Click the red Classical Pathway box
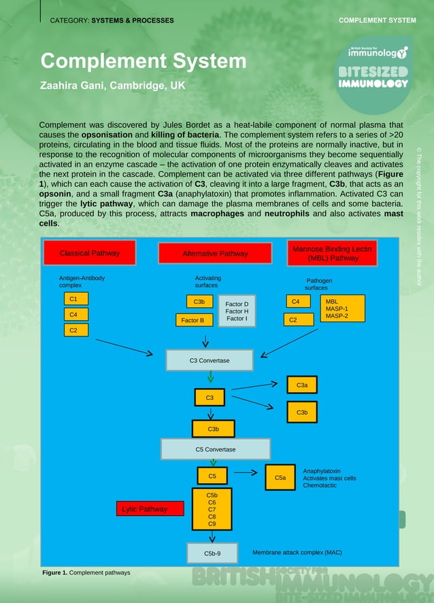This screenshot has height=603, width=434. [90, 253]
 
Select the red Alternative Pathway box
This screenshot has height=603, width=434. [215, 254]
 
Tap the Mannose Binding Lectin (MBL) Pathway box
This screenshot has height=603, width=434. [333, 254]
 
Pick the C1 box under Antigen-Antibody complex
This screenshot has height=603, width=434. [73, 299]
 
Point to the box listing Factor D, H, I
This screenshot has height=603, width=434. [237, 311]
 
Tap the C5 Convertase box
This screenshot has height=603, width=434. [215, 449]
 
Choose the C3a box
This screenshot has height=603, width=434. [302, 385]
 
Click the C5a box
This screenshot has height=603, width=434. [280, 479]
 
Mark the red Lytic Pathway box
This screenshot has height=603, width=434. [144, 509]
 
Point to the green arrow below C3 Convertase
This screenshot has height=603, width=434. [211, 377]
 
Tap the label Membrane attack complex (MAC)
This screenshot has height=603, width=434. [297, 553]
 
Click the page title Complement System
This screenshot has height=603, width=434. [143, 61]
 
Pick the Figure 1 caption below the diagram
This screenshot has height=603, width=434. [86, 572]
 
